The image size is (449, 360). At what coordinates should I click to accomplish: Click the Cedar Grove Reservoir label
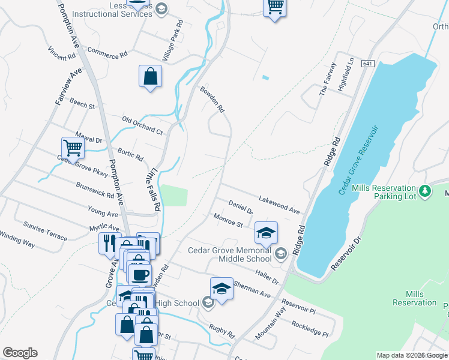(358, 160)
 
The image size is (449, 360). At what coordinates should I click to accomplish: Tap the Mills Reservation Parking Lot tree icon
(425, 191)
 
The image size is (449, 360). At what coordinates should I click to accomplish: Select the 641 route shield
(368, 63)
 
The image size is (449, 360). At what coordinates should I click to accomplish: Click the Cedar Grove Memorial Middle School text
(230, 254)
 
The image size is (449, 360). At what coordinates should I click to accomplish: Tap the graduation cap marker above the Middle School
(267, 232)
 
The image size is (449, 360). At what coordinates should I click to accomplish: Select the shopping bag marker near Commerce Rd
(150, 76)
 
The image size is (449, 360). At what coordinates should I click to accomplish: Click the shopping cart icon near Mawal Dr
(72, 146)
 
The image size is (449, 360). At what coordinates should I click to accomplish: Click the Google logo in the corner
(20, 353)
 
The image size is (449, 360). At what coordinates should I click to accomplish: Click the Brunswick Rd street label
(95, 191)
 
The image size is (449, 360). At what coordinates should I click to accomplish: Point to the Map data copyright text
(412, 355)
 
